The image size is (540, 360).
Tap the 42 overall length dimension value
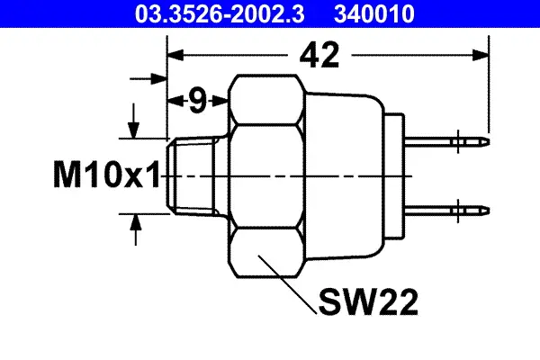tap(319, 56)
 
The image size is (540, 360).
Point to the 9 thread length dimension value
tap(197, 101)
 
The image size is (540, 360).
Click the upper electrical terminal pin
tap(450, 141)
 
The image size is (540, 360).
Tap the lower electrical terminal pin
tap(450, 211)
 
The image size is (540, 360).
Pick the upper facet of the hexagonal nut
tap(265, 101)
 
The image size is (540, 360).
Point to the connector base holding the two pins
tap(397, 175)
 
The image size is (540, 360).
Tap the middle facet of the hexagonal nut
tap(265, 175)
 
